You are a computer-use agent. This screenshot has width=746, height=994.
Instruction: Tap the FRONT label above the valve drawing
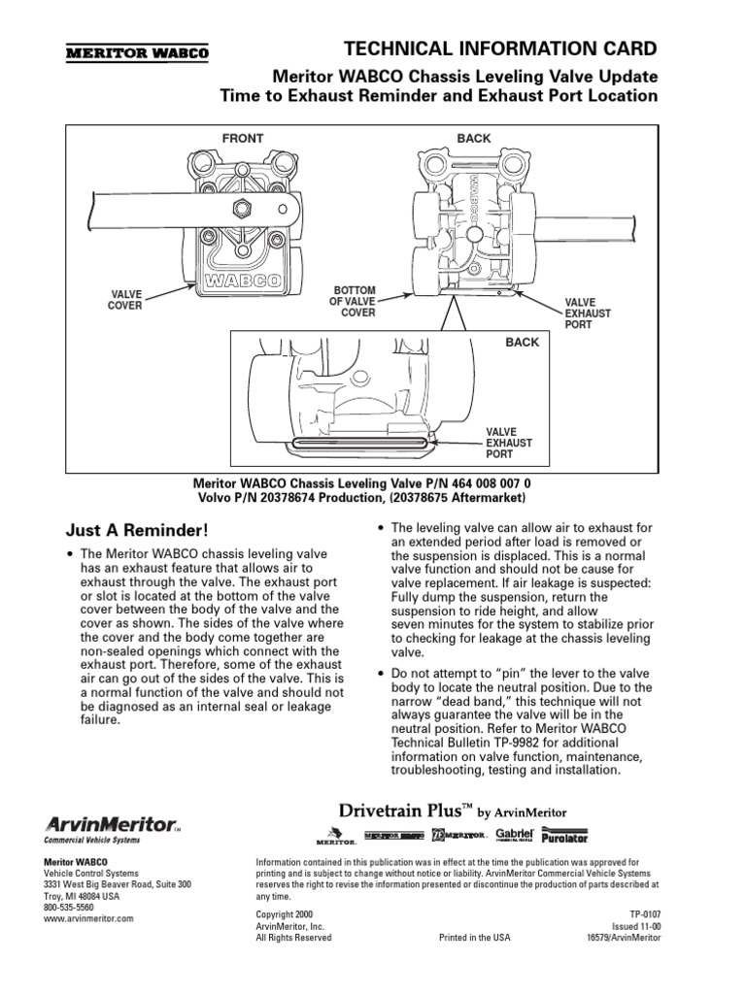tap(243, 138)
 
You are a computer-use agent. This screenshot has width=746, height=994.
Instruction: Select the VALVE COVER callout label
tap(124, 300)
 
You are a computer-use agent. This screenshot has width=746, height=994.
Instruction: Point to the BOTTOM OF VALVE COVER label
tap(355, 301)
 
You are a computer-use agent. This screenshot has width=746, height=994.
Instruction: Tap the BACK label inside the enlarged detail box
tap(521, 343)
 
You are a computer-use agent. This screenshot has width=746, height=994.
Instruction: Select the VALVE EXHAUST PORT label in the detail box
tap(510, 441)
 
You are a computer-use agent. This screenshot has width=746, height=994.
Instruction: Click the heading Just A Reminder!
tap(136, 530)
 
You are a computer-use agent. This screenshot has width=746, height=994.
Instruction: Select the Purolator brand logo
tap(564, 835)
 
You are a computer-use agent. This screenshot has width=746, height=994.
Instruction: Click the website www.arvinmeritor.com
tap(88, 917)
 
